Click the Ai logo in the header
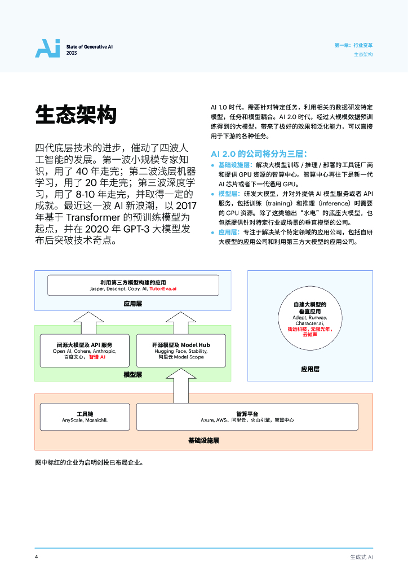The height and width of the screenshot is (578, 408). [x=47, y=49]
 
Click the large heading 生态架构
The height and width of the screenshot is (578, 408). [x=76, y=115]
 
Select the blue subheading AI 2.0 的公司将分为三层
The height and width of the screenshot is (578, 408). [x=259, y=154]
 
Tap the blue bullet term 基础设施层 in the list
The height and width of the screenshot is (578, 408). [x=235, y=164]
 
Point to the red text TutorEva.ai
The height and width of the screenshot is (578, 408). [x=163, y=288]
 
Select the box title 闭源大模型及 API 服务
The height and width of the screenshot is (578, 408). [x=84, y=344]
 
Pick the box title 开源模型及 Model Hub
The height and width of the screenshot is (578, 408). [x=173, y=344]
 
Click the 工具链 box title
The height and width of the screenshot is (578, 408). [x=85, y=414]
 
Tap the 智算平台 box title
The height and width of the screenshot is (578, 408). [x=247, y=414]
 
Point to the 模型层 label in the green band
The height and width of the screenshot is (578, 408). [x=132, y=374]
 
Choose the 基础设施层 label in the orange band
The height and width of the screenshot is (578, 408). [x=203, y=440]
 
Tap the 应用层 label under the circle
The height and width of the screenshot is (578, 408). [x=310, y=369]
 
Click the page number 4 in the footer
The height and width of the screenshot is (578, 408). [x=37, y=557]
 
